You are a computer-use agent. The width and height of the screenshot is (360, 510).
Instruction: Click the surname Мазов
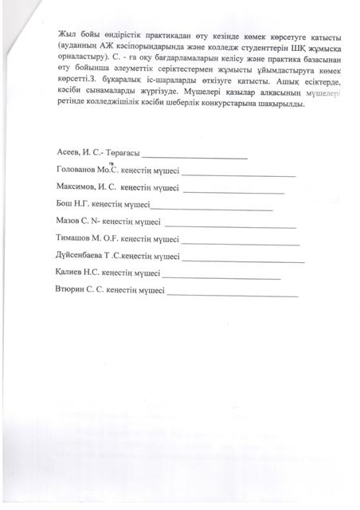(70, 222)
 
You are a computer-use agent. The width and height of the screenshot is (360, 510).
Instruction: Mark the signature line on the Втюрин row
(233, 294)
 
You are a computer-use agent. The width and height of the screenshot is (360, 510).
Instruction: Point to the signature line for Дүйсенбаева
(243, 260)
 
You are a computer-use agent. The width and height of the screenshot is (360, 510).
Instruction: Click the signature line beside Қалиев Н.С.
(225, 277)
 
